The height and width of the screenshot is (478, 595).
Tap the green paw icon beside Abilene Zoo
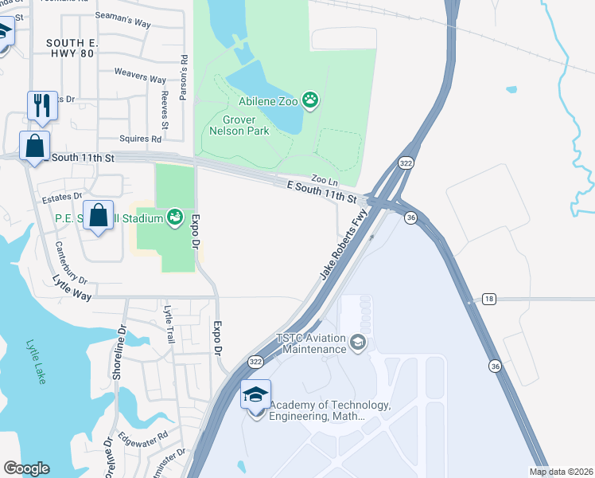311,101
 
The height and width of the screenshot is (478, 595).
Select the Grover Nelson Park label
239,126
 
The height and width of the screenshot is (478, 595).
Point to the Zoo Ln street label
319,180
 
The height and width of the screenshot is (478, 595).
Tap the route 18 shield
488,299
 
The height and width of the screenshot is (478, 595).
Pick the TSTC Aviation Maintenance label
311,343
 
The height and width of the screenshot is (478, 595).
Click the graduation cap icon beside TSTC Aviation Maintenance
358,343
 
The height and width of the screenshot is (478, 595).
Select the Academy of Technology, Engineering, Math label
330,410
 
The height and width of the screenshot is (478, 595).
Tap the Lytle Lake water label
37,362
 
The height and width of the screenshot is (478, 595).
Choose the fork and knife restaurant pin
41,104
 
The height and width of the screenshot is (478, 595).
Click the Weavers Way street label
140,79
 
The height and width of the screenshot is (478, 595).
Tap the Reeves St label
165,110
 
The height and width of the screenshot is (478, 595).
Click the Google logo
26,468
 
